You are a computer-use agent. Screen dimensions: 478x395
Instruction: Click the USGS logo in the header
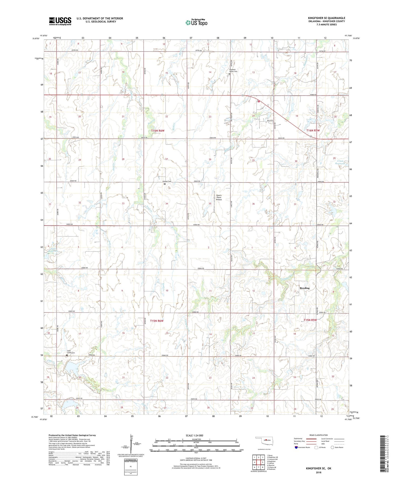tap(60, 21)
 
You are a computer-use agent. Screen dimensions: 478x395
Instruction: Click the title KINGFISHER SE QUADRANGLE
tap(326, 18)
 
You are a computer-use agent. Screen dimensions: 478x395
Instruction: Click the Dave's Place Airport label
tap(219, 197)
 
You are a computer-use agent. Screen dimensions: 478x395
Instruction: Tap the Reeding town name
tap(305, 288)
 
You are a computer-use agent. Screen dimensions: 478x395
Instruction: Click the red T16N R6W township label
tap(157, 131)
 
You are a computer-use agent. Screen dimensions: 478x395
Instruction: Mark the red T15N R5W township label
tap(310, 320)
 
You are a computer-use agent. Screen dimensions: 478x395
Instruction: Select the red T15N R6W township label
tap(157, 321)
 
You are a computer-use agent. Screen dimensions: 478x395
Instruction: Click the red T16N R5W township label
tap(313, 131)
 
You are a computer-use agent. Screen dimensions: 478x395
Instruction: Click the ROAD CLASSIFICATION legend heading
tap(318, 435)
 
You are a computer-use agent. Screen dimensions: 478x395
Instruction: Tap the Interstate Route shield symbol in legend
tap(296, 447)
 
